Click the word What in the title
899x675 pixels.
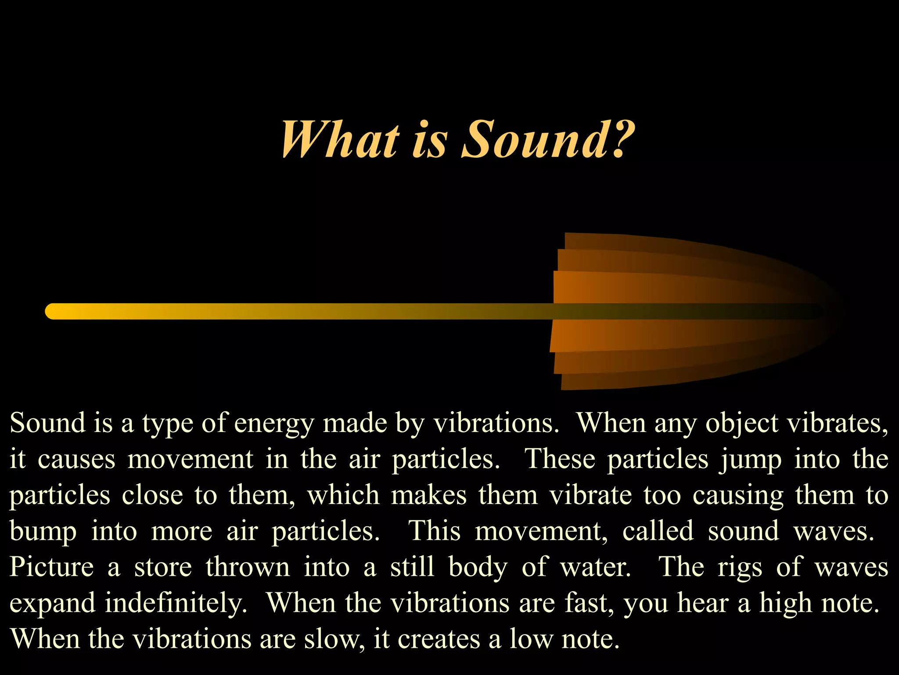[340, 140]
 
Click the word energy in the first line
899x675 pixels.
[274, 424]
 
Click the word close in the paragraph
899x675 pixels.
[152, 495]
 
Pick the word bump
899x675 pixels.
[43, 532]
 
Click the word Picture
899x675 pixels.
[52, 567]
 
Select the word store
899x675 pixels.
[163, 567]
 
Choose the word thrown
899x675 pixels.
[248, 567]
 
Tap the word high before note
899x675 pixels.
[786, 603]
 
